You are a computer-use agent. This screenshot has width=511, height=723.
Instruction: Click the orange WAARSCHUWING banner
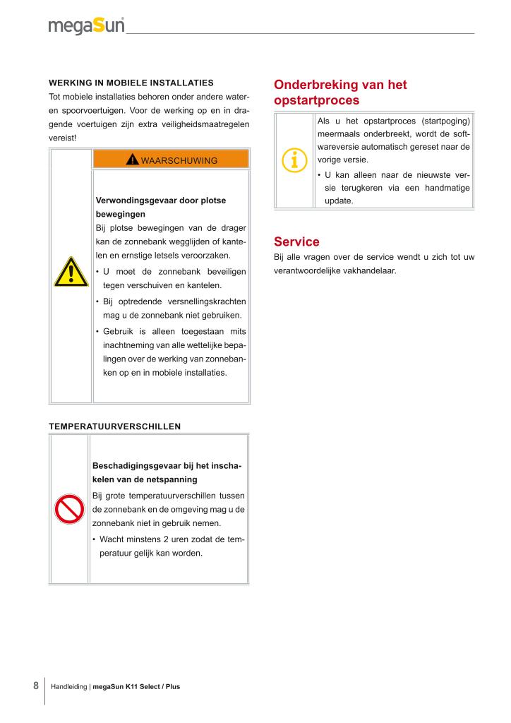(x=171, y=160)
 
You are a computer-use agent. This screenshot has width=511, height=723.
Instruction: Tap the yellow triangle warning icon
(x=71, y=272)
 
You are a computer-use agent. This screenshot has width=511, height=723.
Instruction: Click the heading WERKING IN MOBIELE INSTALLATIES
(x=131, y=83)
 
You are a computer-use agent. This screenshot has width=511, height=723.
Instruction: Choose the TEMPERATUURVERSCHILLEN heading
(x=114, y=426)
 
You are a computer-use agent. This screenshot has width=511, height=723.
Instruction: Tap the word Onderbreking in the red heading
(x=314, y=85)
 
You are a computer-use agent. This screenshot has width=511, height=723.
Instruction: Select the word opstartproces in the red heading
(x=316, y=100)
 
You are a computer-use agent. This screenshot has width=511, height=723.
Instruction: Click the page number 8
(x=36, y=686)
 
